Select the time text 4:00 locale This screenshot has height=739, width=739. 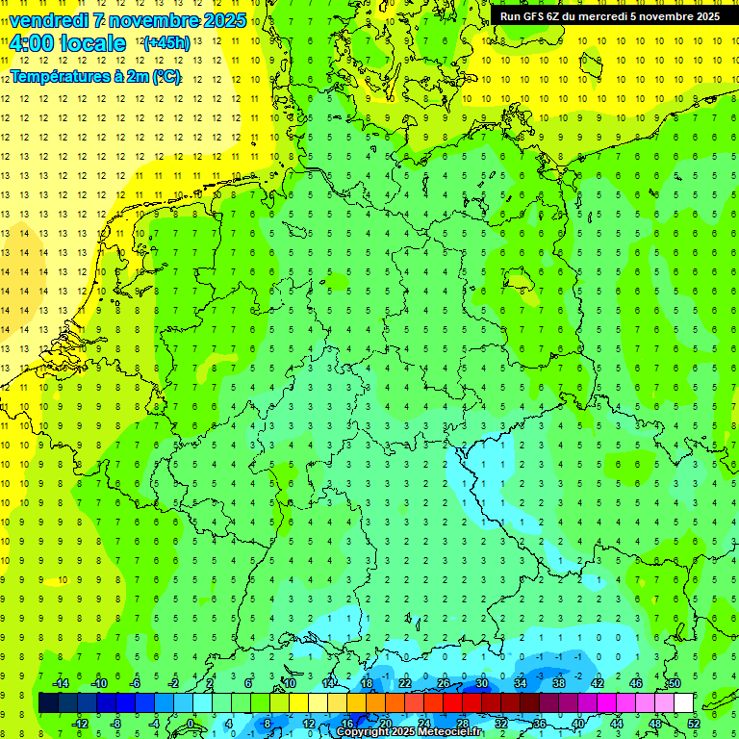(x=67, y=43)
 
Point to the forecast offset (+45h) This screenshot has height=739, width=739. (x=166, y=43)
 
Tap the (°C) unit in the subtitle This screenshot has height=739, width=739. (x=166, y=76)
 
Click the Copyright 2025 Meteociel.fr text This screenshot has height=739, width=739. (x=409, y=732)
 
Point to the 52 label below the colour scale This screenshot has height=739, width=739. (x=694, y=723)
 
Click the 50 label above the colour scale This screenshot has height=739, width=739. (x=674, y=683)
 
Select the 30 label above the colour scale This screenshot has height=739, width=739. (x=481, y=683)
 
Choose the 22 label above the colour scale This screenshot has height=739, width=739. (x=404, y=683)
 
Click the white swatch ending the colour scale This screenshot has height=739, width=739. (x=683, y=703)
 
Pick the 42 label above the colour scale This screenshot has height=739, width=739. (x=597, y=683)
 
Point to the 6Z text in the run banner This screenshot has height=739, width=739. (x=556, y=16)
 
